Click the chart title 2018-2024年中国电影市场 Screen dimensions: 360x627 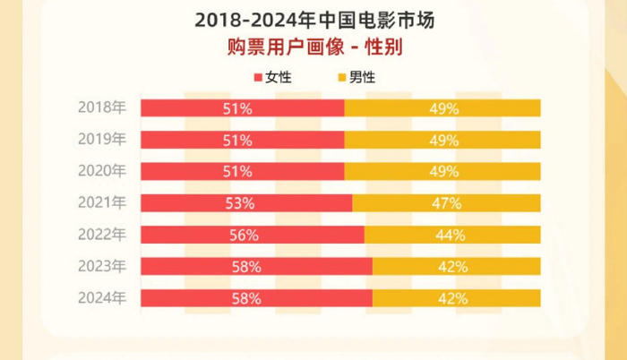(314, 19)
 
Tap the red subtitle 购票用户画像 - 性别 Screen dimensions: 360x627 (314, 47)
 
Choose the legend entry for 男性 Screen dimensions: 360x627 (355, 77)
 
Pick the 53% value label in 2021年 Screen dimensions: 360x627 (240, 203)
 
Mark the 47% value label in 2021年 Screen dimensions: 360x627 (445, 203)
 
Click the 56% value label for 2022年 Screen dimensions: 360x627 (244, 235)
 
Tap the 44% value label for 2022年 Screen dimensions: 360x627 (451, 235)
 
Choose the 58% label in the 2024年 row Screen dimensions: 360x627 (245, 297)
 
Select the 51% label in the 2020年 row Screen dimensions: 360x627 (237, 171)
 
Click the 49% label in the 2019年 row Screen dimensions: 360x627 (443, 140)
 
